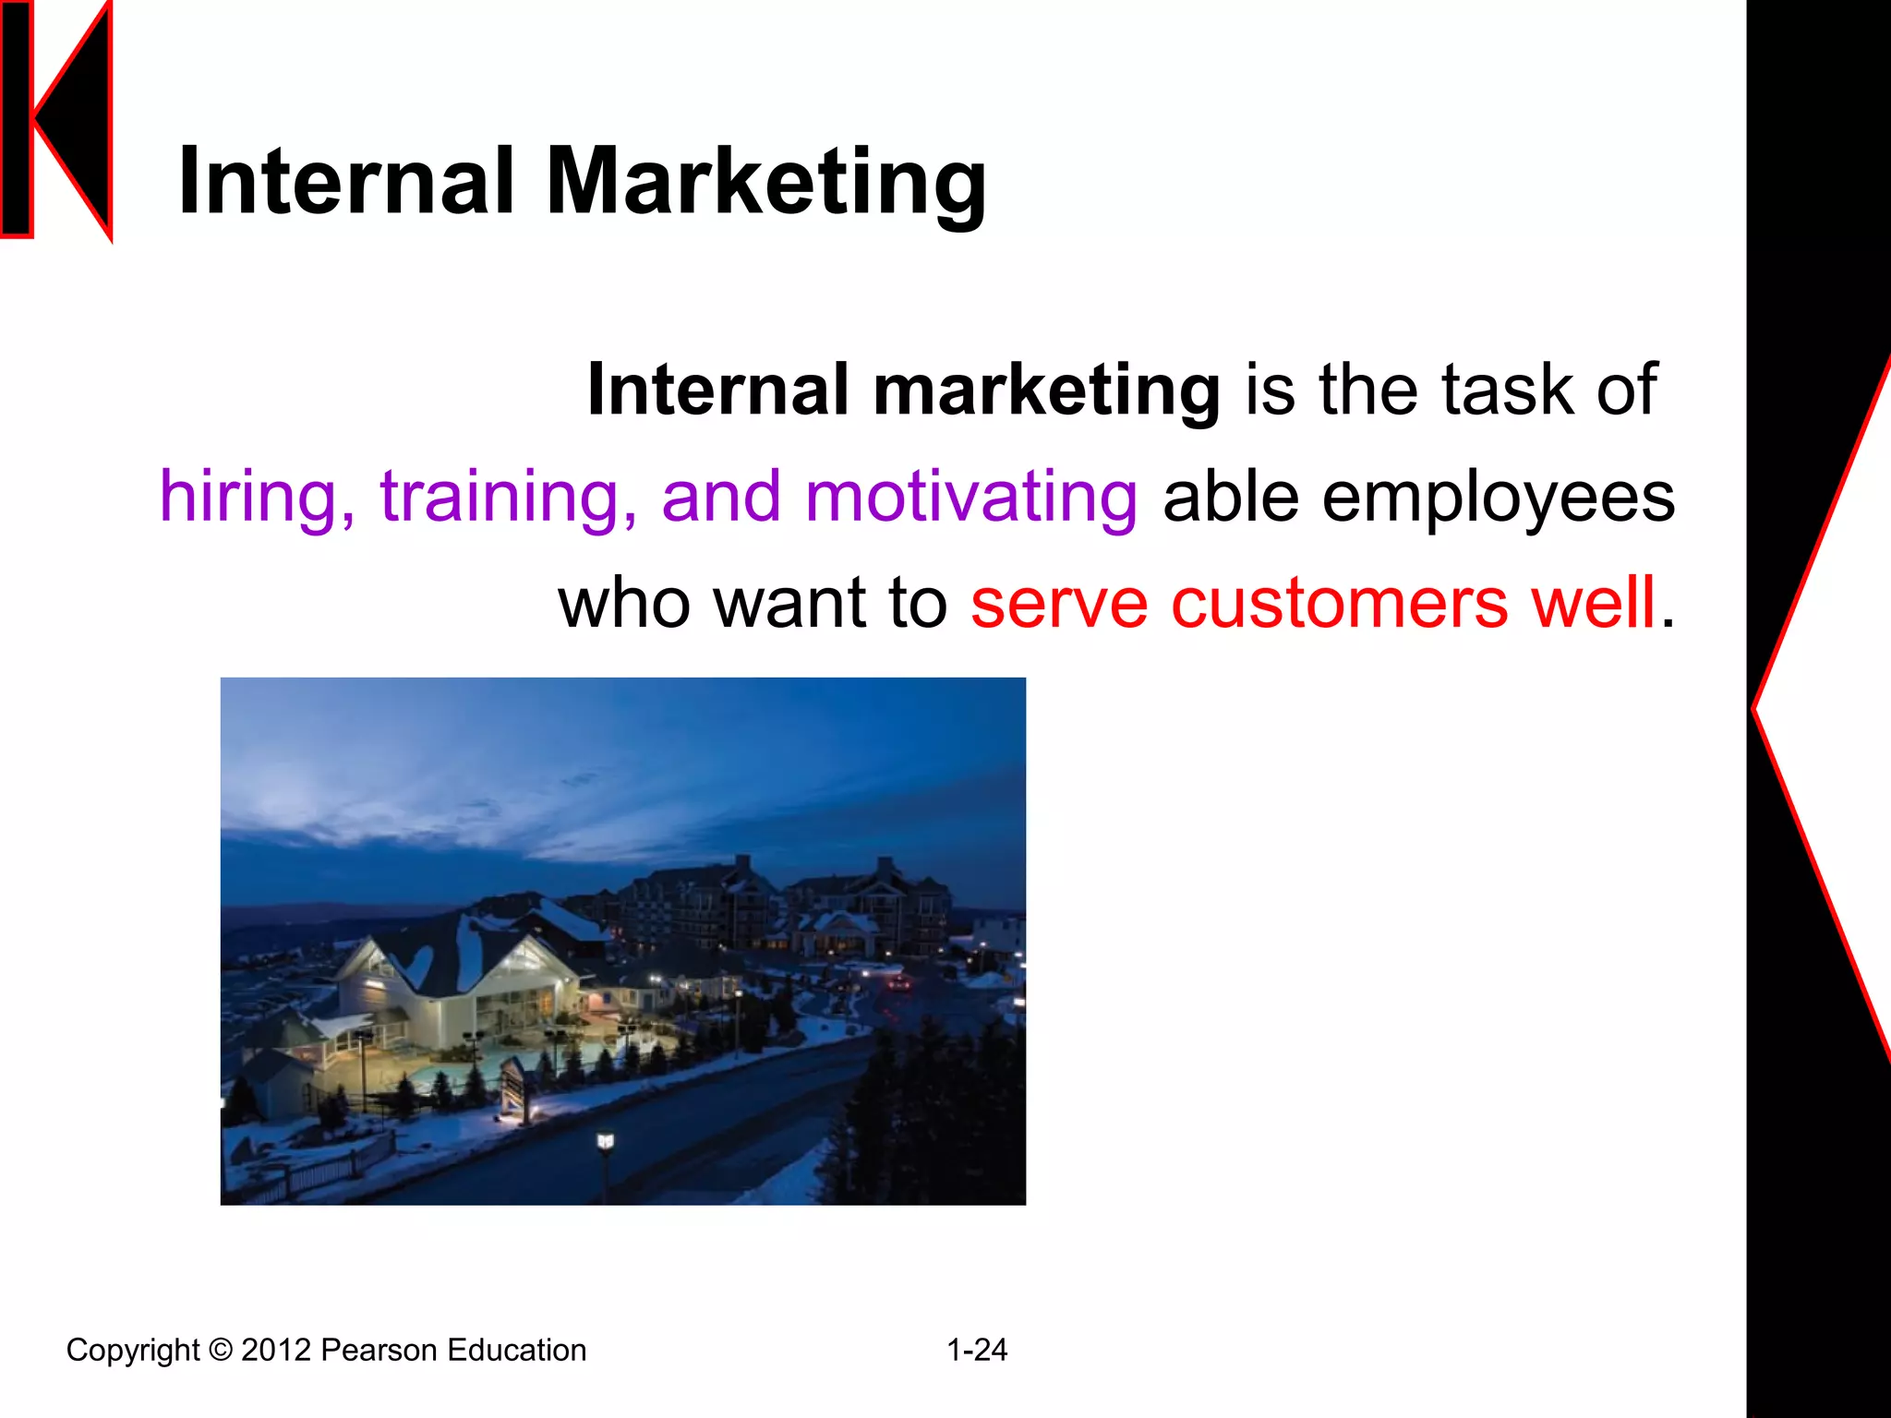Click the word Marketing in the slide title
click(x=766, y=182)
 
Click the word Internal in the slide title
click(x=345, y=182)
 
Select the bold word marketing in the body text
click(x=1046, y=390)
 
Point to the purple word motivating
click(x=970, y=497)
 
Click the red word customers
click(x=1340, y=603)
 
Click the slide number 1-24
click(x=977, y=1350)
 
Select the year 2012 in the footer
click(x=276, y=1350)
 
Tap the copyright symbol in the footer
click(x=221, y=1350)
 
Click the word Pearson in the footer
click(x=379, y=1350)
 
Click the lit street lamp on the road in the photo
click(x=605, y=1143)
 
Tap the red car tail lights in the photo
click(x=897, y=984)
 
